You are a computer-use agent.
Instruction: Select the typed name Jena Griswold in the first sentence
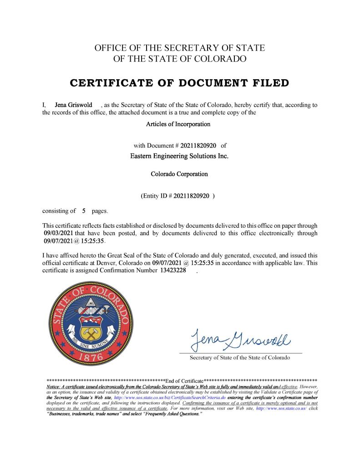pyautogui.click(x=73, y=105)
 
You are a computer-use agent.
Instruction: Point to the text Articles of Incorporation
pyautogui.click(x=178, y=124)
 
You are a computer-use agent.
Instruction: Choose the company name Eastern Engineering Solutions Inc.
pyautogui.click(x=179, y=156)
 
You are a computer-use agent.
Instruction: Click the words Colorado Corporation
pyautogui.click(x=179, y=174)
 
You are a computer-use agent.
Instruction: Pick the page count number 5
pyautogui.click(x=84, y=211)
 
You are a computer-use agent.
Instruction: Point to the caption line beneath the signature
pyautogui.click(x=239, y=358)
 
